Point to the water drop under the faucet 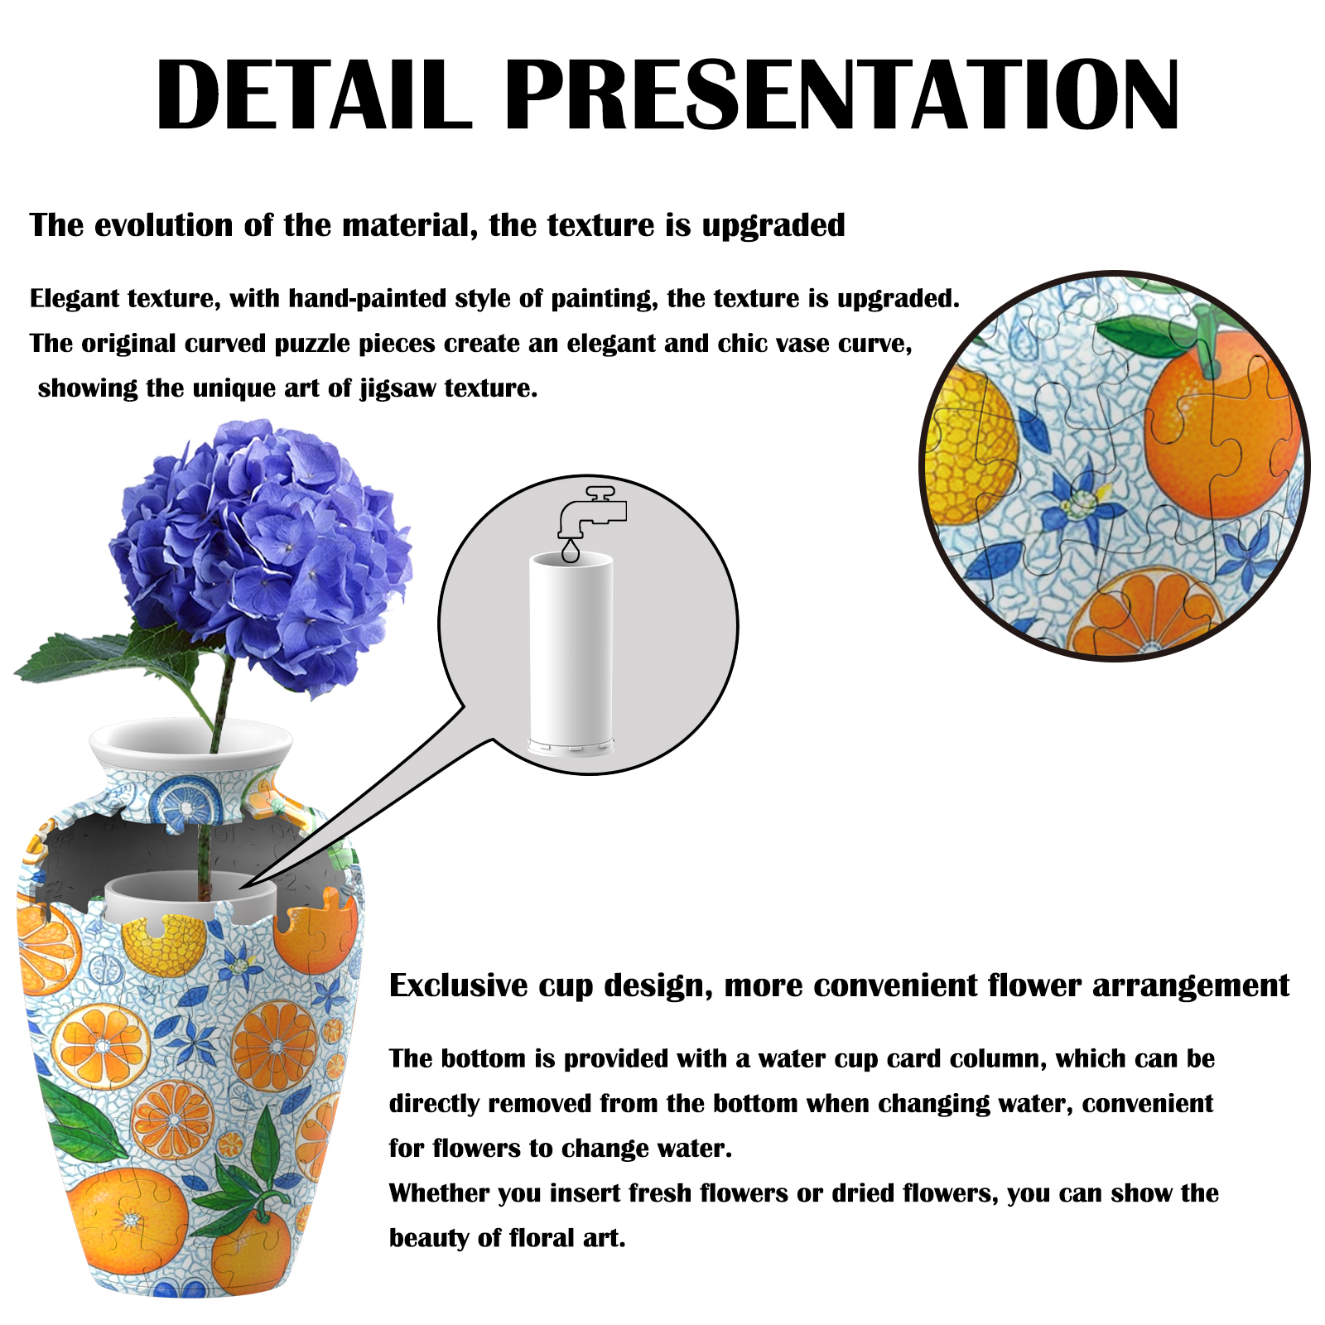coord(571,552)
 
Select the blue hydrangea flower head coord(261,555)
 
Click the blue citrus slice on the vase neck coord(190,800)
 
